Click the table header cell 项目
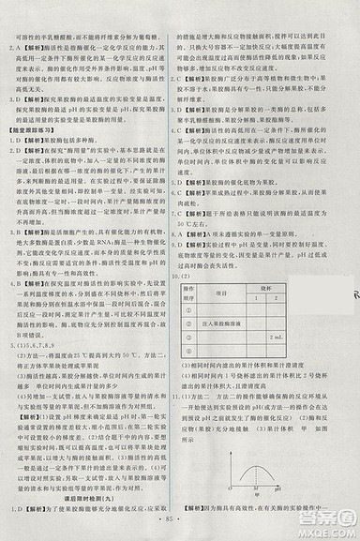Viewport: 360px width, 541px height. pos(222,293)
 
